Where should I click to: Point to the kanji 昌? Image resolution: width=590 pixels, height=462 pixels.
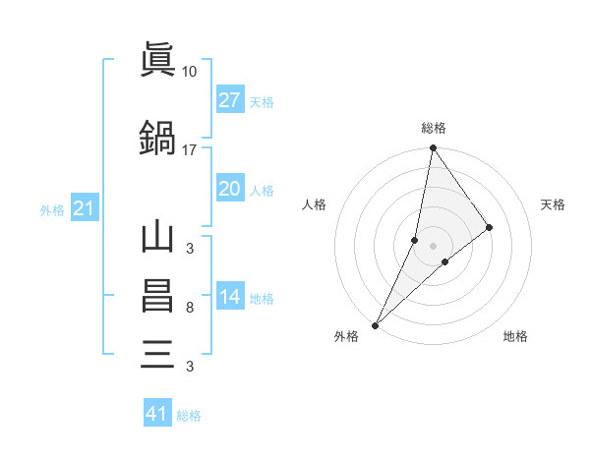coord(157,296)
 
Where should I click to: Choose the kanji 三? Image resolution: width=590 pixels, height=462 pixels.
coord(157,353)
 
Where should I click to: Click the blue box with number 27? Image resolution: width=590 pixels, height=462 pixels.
coord(229,100)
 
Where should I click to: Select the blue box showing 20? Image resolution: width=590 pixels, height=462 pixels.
coord(229,189)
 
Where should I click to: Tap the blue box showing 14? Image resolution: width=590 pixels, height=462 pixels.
coord(229,298)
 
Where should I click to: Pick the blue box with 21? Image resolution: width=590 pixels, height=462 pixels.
coord(84,209)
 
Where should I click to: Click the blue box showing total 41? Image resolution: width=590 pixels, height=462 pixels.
coord(157,414)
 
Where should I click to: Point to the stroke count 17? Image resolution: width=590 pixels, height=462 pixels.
coord(190,150)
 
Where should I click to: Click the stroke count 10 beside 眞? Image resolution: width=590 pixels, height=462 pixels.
coord(190,72)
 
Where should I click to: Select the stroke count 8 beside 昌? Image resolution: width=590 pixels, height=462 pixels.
coord(190,308)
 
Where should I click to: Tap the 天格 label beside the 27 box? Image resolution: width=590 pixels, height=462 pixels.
coord(262,101)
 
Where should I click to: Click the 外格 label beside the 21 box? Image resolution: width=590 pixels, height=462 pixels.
coord(52,210)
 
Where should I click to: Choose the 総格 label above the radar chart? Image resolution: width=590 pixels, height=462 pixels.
coord(434,128)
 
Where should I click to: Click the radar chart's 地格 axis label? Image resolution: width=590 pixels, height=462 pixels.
coord(515,336)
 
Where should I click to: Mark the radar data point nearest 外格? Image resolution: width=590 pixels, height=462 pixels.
coord(376,324)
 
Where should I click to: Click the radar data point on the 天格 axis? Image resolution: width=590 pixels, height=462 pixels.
coord(490,227)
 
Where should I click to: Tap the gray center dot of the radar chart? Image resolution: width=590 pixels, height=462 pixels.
coord(434,245)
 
